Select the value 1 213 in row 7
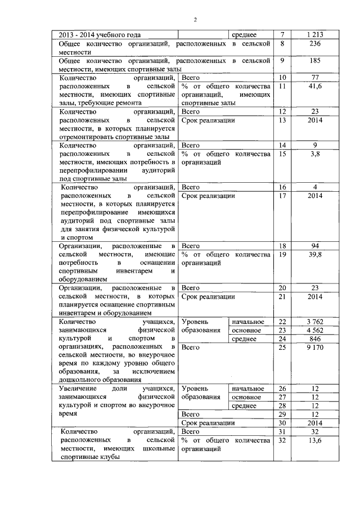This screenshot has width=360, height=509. (315, 35)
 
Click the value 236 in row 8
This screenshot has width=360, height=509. (315, 44)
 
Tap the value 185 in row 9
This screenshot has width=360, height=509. (315, 60)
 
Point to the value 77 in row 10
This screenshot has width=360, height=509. (315, 77)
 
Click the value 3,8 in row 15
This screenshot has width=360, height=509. (315, 154)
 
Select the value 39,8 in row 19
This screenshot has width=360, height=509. (315, 255)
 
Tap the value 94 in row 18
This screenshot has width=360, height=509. (315, 246)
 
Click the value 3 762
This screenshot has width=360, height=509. (315, 322)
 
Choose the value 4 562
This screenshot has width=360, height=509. (315, 330)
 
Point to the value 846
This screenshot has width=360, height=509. (315, 339)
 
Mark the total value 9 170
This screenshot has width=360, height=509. (315, 348)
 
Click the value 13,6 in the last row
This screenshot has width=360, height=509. (315, 440)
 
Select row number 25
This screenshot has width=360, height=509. (282, 348)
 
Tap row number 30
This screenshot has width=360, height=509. (282, 422)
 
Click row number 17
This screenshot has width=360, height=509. (282, 196)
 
